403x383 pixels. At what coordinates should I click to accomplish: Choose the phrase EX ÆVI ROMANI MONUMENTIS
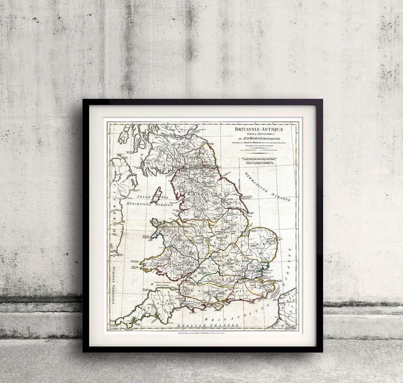259,139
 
